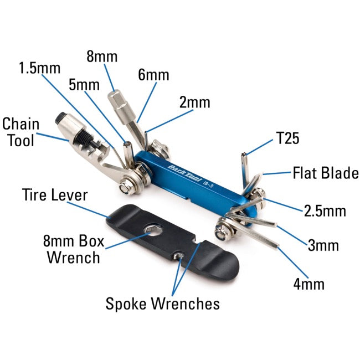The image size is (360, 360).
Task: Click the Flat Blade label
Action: pyautogui.click(x=326, y=173)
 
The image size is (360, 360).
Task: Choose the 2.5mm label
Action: pyautogui.click(x=325, y=210)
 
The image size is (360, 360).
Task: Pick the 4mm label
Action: pyautogui.click(x=308, y=285)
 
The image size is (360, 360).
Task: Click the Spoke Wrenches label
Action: pyautogui.click(x=162, y=303)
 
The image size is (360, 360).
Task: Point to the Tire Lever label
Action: pyautogui.click(x=54, y=195)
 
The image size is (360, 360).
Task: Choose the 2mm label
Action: pyautogui.click(x=194, y=102)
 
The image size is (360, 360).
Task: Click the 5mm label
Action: pyautogui.click(x=84, y=85)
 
